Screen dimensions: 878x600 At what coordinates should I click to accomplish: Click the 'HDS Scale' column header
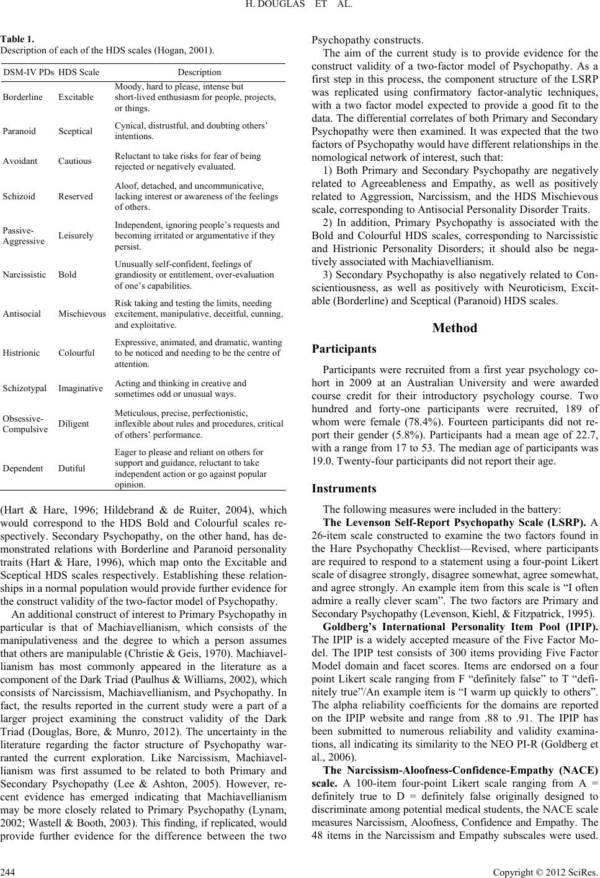pyautogui.click(x=79, y=73)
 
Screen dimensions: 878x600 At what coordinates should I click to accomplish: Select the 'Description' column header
pyautogui.click(x=199, y=73)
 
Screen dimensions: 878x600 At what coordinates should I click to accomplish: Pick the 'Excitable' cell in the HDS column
pyautogui.click(x=76, y=97)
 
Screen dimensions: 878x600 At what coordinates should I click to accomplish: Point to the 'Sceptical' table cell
pyautogui.click(x=76, y=131)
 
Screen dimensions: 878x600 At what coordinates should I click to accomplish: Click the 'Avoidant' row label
pyautogui.click(x=20, y=161)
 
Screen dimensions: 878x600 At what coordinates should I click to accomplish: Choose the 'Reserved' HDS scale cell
pyautogui.click(x=76, y=196)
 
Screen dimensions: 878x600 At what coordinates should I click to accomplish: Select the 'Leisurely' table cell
pyautogui.click(x=76, y=235)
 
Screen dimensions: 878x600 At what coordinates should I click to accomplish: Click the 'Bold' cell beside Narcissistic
pyautogui.click(x=68, y=274)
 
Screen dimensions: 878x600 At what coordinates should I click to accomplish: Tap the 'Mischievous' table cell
pyautogui.click(x=82, y=314)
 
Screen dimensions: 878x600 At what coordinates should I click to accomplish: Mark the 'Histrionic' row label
pyautogui.click(x=21, y=353)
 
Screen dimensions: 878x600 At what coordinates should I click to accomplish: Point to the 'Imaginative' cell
pyautogui.click(x=81, y=388)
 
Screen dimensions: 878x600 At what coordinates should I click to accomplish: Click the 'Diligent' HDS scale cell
pyautogui.click(x=74, y=423)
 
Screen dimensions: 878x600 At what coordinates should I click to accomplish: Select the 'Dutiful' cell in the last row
pyautogui.click(x=72, y=468)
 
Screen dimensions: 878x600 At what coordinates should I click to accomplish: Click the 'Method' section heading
pyautogui.click(x=455, y=328)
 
